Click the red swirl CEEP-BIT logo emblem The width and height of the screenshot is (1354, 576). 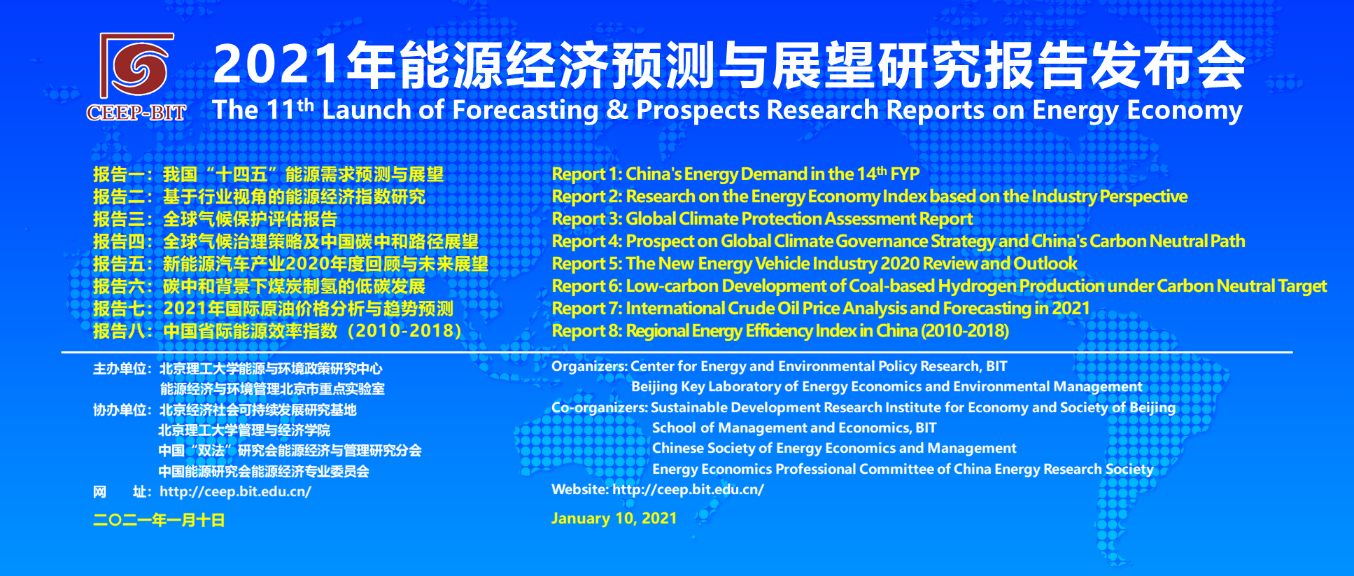[x=137, y=65]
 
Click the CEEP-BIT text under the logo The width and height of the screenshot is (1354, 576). [x=136, y=113]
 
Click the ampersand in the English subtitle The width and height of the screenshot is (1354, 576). [x=617, y=110]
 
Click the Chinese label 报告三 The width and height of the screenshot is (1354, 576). [x=119, y=219]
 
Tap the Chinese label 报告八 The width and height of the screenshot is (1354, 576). [x=119, y=331]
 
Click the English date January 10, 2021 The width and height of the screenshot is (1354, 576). [x=614, y=519]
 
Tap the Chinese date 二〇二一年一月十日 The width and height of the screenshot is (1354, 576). [x=159, y=520]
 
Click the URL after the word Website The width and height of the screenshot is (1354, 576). [x=688, y=489]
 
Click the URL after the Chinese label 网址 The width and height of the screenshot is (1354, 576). [x=235, y=491]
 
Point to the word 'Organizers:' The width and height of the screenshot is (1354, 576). [x=589, y=367]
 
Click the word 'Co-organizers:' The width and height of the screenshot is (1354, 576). [x=600, y=407]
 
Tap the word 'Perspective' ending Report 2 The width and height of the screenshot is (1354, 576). [x=1143, y=197]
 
